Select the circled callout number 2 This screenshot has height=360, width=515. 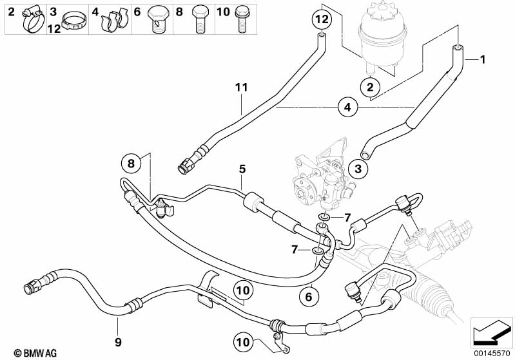click(370, 86)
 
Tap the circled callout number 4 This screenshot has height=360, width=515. click(347, 108)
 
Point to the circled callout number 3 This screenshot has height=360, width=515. click(359, 169)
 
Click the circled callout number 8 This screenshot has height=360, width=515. click(131, 164)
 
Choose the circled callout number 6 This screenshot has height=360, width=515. click(309, 296)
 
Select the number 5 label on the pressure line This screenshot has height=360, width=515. click(242, 169)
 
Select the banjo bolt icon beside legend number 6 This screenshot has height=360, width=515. click(157, 19)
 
